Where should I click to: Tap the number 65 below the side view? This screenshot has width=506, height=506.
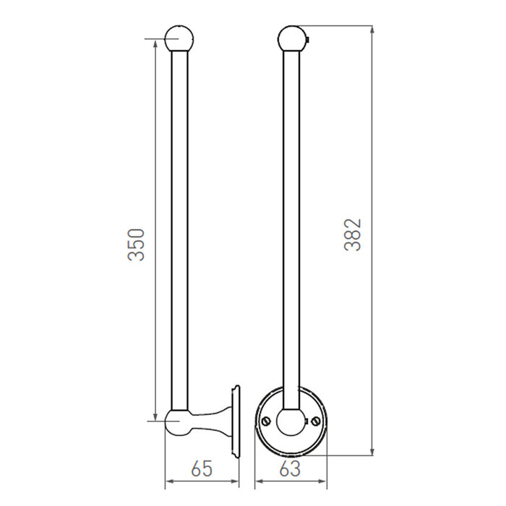[202, 469]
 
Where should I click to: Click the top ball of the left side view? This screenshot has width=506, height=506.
[179, 38]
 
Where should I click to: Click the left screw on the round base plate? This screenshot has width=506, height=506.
[265, 420]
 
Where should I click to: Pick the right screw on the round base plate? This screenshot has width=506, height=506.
[315, 420]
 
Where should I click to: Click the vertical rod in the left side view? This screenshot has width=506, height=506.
[179, 231]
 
